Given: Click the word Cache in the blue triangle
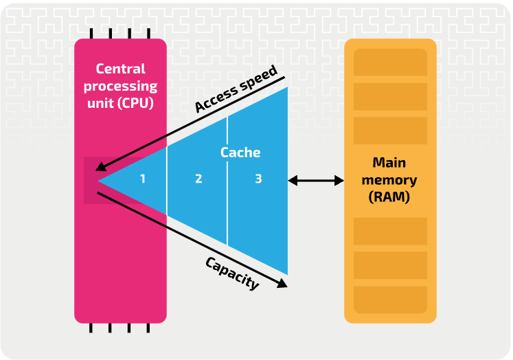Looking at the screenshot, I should (240, 152).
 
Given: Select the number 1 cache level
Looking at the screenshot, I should (143, 179).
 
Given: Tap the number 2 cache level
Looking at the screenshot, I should (198, 179).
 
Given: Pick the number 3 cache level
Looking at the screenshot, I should (258, 179).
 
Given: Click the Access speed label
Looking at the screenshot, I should (236, 89).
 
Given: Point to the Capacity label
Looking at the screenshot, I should (232, 273).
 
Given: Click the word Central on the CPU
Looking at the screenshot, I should (120, 69).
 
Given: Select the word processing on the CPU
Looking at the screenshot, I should (121, 87).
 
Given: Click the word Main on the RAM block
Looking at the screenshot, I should (389, 163).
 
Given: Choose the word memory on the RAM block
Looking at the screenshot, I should (389, 180).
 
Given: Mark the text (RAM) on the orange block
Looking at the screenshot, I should (389, 198).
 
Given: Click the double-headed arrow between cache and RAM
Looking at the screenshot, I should (316, 180).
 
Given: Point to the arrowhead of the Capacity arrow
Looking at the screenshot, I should (282, 284).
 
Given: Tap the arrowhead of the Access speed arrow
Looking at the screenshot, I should (101, 167).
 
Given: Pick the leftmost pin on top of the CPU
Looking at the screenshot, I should (91, 33).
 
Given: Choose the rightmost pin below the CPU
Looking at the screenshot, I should (148, 328).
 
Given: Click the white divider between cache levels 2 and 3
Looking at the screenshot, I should (227, 180).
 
